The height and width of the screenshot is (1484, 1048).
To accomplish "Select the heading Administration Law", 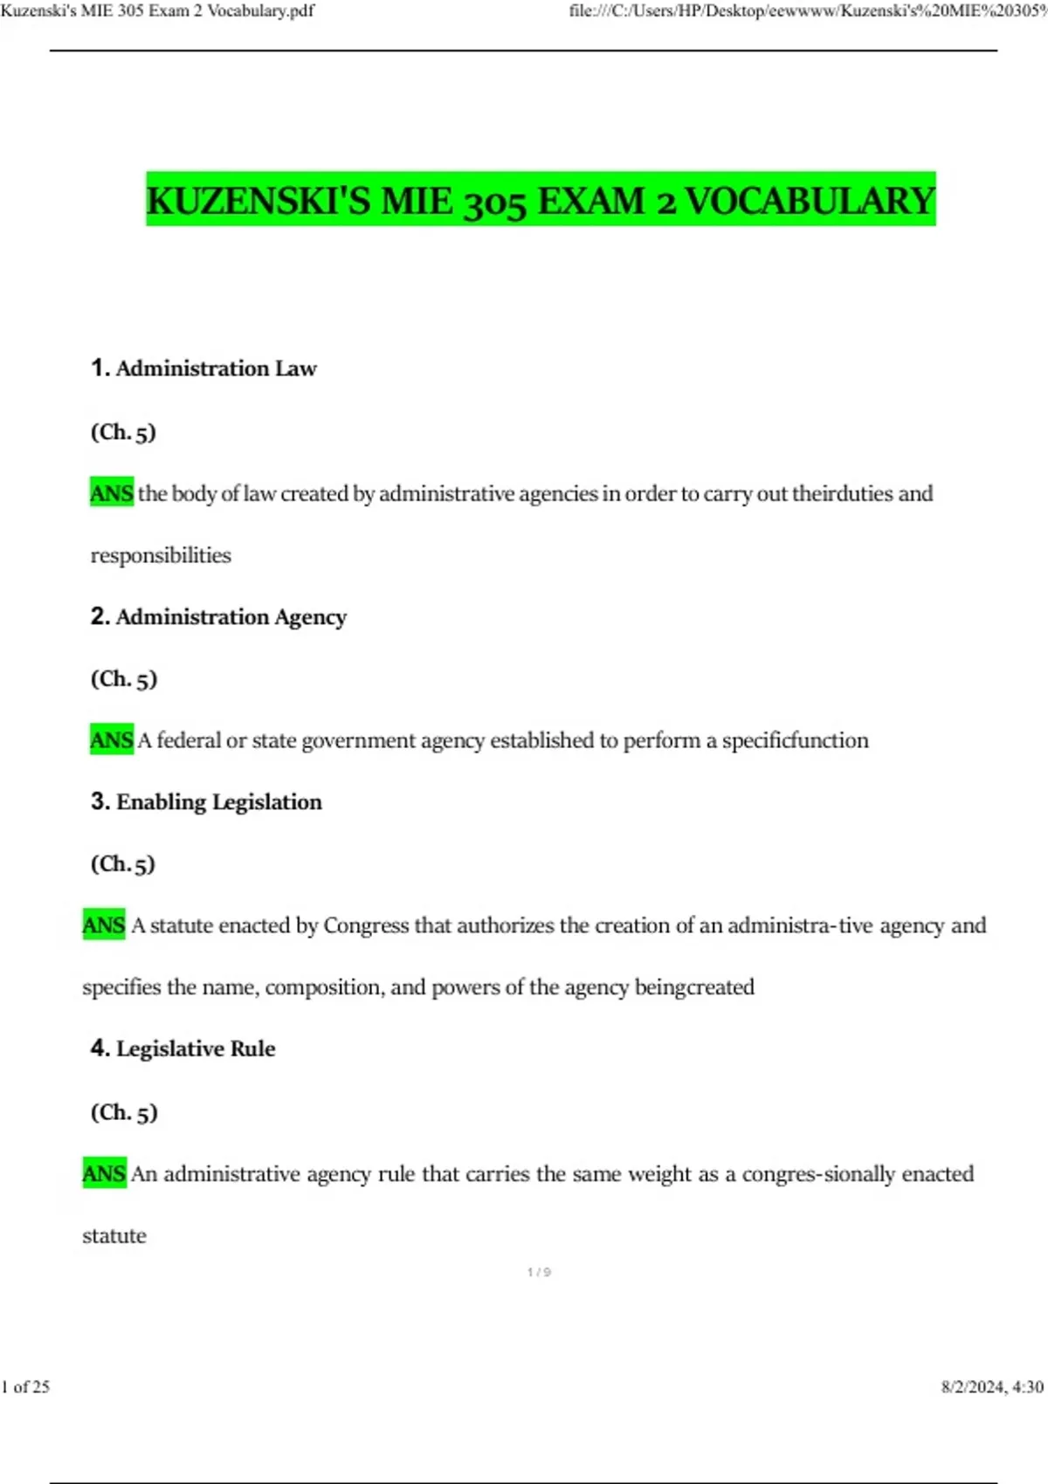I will click(x=216, y=368).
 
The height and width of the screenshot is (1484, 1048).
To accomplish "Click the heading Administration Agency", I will click(x=231, y=617).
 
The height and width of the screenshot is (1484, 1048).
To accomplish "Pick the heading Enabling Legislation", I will click(x=218, y=802).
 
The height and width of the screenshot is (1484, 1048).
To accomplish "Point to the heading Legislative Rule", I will click(x=195, y=1048).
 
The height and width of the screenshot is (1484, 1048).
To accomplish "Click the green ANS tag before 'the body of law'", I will click(x=112, y=493).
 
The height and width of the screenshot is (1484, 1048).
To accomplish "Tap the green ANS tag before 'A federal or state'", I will click(x=112, y=740).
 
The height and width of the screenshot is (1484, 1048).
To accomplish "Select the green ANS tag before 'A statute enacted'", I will click(x=104, y=925).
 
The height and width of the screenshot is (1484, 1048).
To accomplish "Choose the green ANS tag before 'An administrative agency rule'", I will click(x=104, y=1173).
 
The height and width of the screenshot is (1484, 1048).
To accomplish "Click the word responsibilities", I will click(x=161, y=555).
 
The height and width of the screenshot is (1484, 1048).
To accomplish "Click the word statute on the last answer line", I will click(x=114, y=1235).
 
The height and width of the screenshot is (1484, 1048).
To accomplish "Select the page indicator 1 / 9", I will click(x=539, y=1272).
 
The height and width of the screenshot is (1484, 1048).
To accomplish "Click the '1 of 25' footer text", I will click(x=26, y=1386).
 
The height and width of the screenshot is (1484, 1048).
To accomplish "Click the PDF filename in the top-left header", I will click(x=157, y=11).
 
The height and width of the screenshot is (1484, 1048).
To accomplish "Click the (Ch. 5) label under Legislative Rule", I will click(x=124, y=1112).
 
